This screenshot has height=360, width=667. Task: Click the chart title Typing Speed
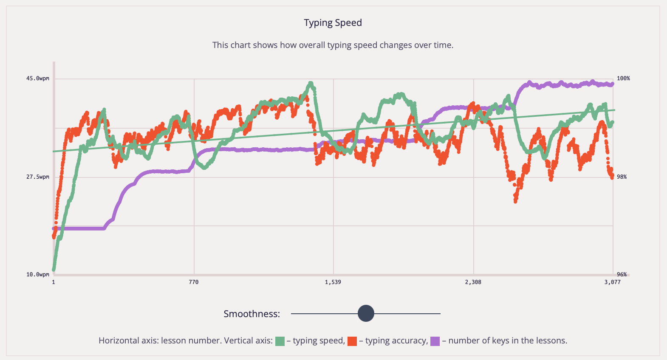(333, 23)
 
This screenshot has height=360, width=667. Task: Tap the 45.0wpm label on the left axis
(38, 79)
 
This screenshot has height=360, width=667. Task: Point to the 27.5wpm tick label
(38, 177)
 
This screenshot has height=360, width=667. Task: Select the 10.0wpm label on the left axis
(38, 275)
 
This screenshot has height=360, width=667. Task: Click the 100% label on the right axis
(623, 79)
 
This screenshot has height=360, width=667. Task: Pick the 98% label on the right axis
(622, 177)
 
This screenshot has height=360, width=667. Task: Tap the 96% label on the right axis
(622, 275)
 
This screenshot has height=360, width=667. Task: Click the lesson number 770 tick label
(194, 282)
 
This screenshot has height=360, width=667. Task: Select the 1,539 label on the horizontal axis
(333, 282)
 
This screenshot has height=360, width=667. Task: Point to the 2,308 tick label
(473, 282)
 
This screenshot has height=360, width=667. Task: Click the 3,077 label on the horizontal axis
(613, 282)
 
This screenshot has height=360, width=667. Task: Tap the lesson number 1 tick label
(54, 282)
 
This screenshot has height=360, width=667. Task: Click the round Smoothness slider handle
(366, 314)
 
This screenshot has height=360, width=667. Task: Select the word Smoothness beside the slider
(252, 314)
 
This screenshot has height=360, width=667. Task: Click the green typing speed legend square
(280, 341)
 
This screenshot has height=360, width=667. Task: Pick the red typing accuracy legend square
(352, 341)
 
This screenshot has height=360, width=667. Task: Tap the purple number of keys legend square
(435, 341)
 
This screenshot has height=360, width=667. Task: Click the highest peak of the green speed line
(311, 83)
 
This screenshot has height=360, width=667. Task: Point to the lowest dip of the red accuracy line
(516, 201)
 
